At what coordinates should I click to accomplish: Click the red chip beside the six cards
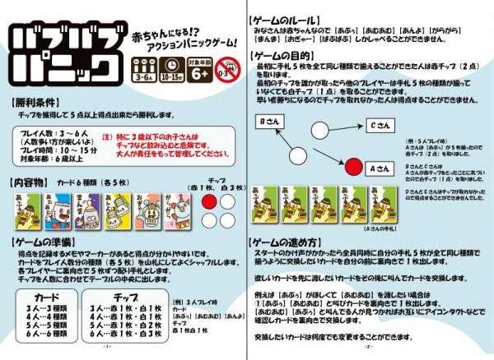[208, 201]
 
